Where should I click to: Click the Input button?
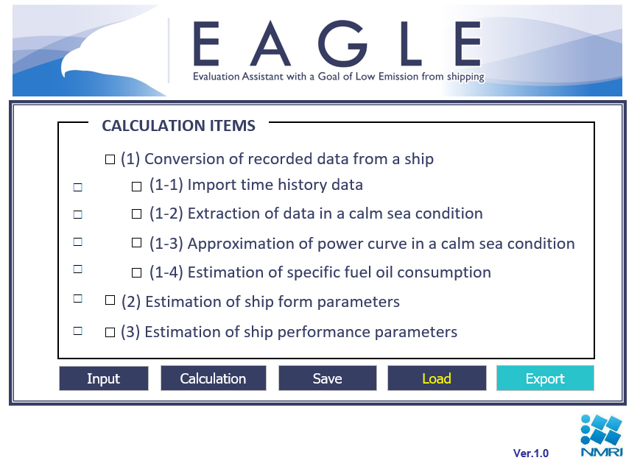coord(104,378)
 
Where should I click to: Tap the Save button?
coord(327,378)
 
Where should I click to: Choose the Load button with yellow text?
coord(437,378)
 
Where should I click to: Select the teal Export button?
coord(545,378)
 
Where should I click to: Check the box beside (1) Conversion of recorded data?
coord(110,159)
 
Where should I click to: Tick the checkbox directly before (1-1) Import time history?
coord(136,186)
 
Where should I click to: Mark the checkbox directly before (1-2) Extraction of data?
coord(136,213)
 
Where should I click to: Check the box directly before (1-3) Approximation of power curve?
coord(136,243)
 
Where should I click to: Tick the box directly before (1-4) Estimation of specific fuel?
coord(136,272)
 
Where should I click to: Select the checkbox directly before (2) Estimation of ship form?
coord(110,300)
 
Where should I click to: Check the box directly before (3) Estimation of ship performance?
coord(110,332)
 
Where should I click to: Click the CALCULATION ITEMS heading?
coord(178,126)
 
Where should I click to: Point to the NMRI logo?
coord(602,435)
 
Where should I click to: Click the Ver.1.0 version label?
coord(530,453)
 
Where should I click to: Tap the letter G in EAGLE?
coord(342,43)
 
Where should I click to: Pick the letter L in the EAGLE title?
coord(411,43)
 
